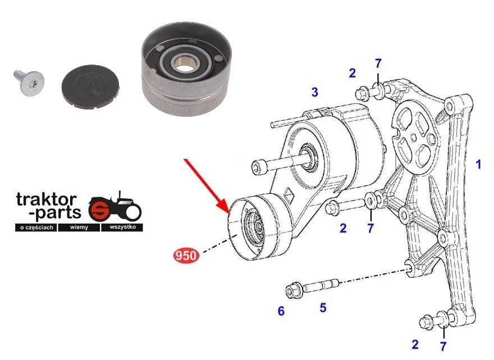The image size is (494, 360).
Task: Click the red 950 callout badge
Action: pos(186,255)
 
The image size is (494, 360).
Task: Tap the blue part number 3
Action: pos(315,92)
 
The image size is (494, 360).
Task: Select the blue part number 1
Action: pos(478,164)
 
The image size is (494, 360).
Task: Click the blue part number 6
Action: pos(281,311)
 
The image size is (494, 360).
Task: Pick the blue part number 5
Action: pos(323,308)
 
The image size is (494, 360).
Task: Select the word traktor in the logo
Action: pos(47,199)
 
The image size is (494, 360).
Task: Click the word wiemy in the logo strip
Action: pos(79,227)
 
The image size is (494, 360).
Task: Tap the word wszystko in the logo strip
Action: pos(122,227)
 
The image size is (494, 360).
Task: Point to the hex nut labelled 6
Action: pos(294,290)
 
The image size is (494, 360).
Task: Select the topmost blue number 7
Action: pos(378,63)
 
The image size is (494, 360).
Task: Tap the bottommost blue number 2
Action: pos(415,344)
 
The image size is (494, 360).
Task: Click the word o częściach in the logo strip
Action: pos(36,227)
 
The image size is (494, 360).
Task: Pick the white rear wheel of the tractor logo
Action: pos(132,211)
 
